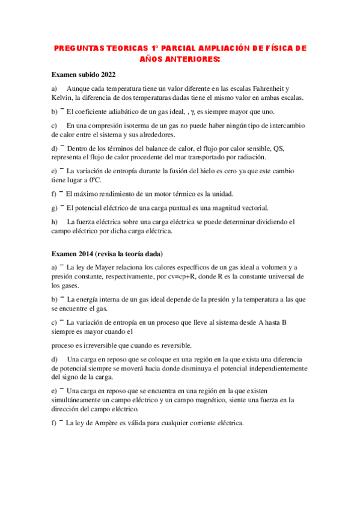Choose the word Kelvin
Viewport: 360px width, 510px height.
click(62, 98)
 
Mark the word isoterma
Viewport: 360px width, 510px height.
click(137, 126)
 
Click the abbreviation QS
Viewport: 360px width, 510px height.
click(279, 148)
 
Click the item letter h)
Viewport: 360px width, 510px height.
click(55, 221)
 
